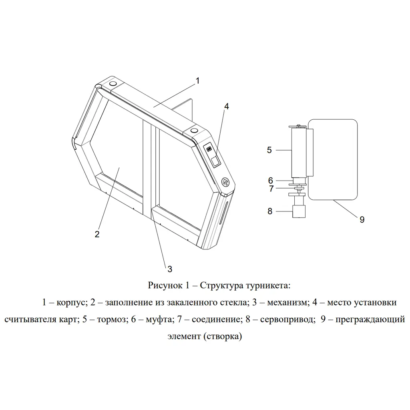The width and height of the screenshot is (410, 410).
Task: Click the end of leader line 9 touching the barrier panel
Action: (x=334, y=200)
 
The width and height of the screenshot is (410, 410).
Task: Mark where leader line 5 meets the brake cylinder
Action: (x=292, y=150)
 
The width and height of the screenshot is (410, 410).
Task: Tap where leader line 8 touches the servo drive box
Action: (x=293, y=211)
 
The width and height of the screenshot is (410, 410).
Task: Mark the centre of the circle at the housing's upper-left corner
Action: (x=113, y=84)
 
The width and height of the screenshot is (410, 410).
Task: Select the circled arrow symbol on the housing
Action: (x=225, y=181)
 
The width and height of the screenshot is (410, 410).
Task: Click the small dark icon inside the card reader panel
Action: (x=209, y=149)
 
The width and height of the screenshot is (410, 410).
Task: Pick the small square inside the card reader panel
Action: (x=215, y=161)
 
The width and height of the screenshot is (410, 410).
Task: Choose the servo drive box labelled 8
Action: (x=299, y=211)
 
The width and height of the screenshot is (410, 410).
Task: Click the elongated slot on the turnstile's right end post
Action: (x=225, y=213)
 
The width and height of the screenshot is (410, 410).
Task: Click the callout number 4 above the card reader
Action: (x=227, y=106)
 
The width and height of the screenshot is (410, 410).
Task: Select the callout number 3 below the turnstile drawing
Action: (x=170, y=269)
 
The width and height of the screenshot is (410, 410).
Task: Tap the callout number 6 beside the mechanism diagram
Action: (x=271, y=181)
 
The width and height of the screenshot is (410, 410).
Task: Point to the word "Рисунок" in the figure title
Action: (x=165, y=285)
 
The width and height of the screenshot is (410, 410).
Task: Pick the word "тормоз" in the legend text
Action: (x=112, y=320)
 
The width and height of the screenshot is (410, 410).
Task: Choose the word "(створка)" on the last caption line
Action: (x=223, y=336)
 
